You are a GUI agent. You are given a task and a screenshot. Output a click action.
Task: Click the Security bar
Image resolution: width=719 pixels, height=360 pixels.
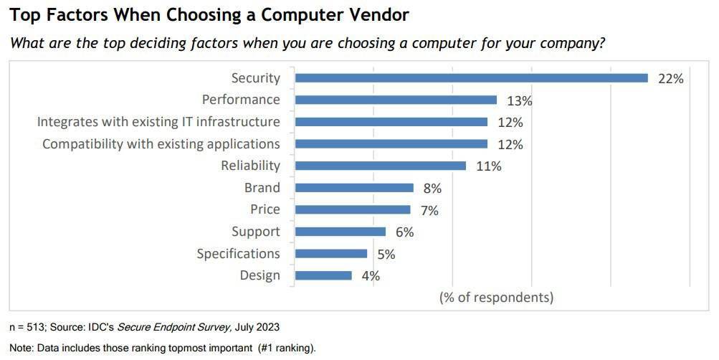[472, 78]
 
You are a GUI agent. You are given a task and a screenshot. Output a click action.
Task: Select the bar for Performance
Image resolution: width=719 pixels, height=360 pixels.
[396, 100]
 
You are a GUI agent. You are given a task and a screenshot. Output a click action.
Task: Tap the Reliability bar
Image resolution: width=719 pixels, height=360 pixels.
[381, 166]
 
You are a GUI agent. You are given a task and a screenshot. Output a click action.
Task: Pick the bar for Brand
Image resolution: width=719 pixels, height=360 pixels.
[354, 188]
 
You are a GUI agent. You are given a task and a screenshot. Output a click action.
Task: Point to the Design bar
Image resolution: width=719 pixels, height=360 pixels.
[323, 275]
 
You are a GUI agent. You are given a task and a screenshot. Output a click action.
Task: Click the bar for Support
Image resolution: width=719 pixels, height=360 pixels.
[341, 232]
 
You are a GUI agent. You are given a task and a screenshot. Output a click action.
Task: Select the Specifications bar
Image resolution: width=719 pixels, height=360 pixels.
[331, 253]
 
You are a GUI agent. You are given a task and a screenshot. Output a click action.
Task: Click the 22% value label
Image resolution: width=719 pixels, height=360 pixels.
[670, 79]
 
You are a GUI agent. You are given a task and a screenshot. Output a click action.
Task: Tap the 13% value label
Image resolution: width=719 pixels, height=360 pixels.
[520, 101]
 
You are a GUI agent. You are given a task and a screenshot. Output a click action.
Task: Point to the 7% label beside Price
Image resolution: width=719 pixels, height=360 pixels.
[429, 210]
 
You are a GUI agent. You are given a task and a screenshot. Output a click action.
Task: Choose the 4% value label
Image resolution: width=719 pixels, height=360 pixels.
[370, 276]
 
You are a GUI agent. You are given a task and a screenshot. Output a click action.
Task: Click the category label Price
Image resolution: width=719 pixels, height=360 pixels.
[265, 209]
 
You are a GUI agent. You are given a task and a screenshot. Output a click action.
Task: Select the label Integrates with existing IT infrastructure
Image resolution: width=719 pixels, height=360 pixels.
[158, 122]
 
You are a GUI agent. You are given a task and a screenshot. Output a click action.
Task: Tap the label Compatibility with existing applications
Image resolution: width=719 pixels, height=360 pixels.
[161, 144]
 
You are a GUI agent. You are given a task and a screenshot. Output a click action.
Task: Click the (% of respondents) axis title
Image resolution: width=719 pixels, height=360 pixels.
[496, 297]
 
